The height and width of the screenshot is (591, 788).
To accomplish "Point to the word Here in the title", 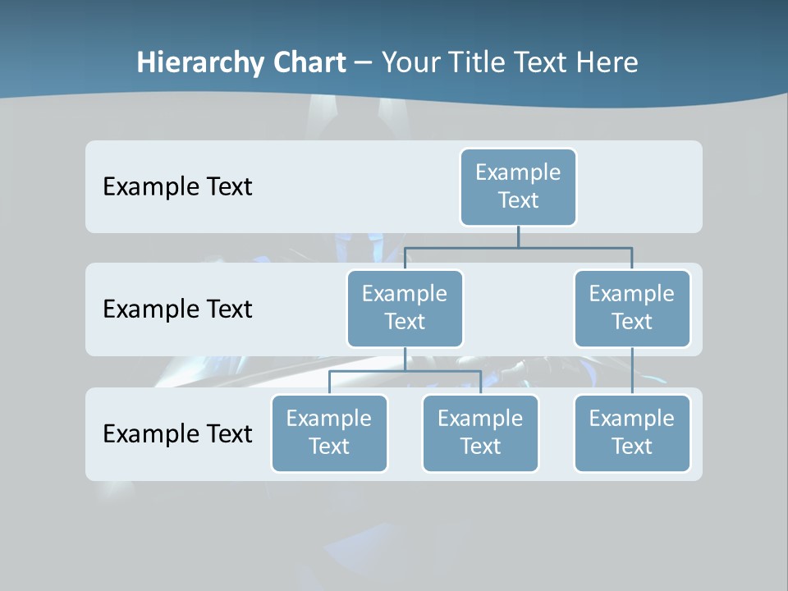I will coord(607,63).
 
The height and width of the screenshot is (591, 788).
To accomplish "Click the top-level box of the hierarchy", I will coord(518,187).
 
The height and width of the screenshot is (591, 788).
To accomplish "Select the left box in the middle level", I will coord(405,309).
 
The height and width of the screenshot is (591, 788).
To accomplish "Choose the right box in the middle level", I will coord(632,309).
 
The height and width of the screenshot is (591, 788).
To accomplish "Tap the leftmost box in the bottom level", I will coord(329,433).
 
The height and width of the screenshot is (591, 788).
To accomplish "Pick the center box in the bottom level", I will coord(480,433).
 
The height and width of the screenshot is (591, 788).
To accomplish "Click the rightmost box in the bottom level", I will coord(632,433).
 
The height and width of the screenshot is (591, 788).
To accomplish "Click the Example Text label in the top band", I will coord(177,187).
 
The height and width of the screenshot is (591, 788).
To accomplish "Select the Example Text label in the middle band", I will coord(177,309).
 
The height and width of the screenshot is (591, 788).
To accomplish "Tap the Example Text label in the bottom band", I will coord(177,433).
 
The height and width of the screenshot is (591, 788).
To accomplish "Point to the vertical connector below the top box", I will coord(518,236).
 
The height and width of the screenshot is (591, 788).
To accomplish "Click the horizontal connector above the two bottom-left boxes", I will coord(405,371).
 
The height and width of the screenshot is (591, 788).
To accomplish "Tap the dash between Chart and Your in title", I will coord(364,63).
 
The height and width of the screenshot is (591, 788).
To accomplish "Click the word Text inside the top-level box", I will coord(518,200).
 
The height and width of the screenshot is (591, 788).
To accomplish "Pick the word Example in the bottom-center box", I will coord(480,419).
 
